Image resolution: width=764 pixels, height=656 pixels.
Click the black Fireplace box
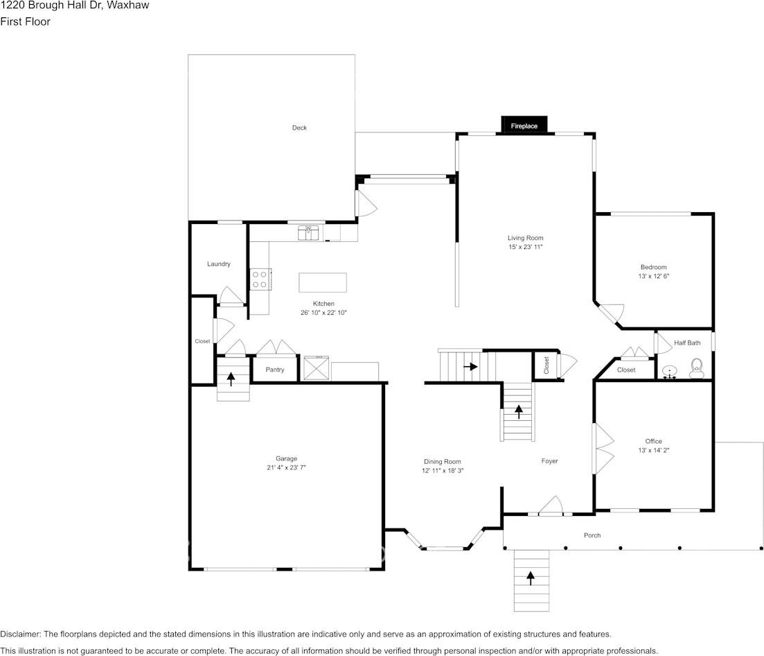[x=524, y=125]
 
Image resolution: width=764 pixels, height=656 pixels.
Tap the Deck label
[x=299, y=128]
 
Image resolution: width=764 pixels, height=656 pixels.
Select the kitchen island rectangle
[x=323, y=283]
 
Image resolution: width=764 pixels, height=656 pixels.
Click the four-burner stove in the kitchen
[x=260, y=279]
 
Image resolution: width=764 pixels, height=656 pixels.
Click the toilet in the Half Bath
[x=697, y=367]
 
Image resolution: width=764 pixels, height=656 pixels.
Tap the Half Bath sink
[x=670, y=372]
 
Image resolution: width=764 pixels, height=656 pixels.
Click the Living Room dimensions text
[x=526, y=247]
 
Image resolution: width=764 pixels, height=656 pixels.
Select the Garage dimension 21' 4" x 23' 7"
[x=286, y=467]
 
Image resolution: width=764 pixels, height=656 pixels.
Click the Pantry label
[x=275, y=370]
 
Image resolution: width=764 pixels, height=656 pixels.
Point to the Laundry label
[x=219, y=264]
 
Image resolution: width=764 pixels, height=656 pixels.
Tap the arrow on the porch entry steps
[x=531, y=578]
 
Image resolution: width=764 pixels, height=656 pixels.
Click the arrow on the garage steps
[x=231, y=379]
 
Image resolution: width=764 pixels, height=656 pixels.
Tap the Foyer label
[x=549, y=461]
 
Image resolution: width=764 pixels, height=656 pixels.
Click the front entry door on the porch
[x=551, y=508]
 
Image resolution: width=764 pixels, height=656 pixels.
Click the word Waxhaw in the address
[x=128, y=6]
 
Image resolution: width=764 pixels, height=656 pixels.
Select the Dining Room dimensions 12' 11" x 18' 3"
[x=443, y=470]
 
